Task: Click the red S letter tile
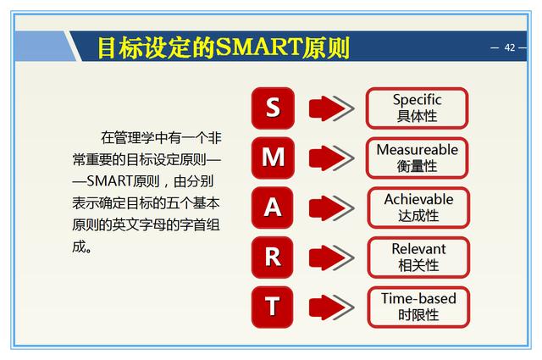[273, 108]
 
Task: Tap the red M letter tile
[273, 158]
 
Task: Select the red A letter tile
[273, 208]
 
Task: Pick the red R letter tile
[273, 258]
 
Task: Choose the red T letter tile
[273, 307]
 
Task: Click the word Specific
[418, 100]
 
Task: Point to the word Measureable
[418, 150]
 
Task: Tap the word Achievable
[418, 199]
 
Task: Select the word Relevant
[418, 249]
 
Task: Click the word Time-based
[418, 298]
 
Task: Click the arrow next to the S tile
[331, 108]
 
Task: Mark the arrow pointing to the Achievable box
[331, 208]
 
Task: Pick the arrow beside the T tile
[331, 307]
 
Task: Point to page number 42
[510, 47]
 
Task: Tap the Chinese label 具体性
[418, 116]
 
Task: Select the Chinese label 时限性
[418, 315]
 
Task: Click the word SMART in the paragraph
[110, 181]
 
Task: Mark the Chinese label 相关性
[418, 265]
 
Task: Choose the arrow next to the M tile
[331, 158]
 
